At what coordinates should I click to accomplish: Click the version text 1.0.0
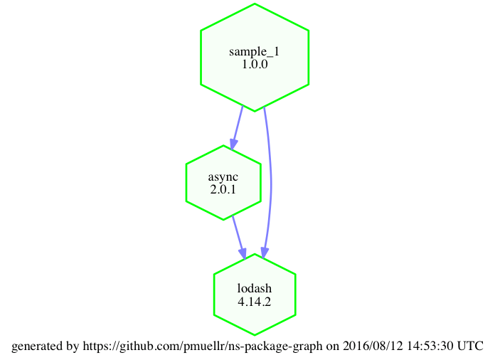point(254,64)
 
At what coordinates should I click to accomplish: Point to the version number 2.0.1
point(223,190)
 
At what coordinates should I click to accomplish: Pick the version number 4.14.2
point(254,301)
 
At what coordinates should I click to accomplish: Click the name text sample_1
point(254,51)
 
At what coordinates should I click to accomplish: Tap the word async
point(223,177)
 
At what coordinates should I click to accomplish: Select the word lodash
point(254,288)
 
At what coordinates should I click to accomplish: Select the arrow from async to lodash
point(238,235)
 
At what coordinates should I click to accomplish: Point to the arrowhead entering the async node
point(233,143)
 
